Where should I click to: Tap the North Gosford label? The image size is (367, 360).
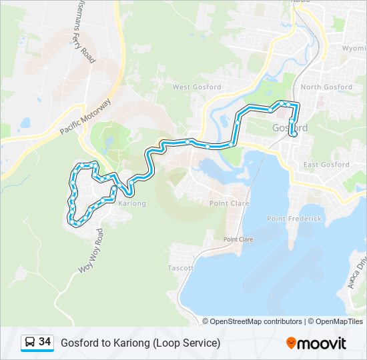(x=326, y=87)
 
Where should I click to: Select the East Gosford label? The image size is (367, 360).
(x=326, y=165)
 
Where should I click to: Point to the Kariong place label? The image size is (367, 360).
(x=131, y=203)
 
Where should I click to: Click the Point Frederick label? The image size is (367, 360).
(x=294, y=219)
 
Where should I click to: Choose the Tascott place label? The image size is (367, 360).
(x=181, y=268)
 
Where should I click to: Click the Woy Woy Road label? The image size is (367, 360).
(x=91, y=251)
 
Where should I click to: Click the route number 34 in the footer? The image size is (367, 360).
(x=45, y=342)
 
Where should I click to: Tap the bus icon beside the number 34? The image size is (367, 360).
(x=30, y=343)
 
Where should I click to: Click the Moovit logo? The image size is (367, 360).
(x=316, y=343)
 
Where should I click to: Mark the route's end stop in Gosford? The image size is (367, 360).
(x=293, y=134)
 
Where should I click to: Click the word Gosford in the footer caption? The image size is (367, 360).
(x=79, y=343)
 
